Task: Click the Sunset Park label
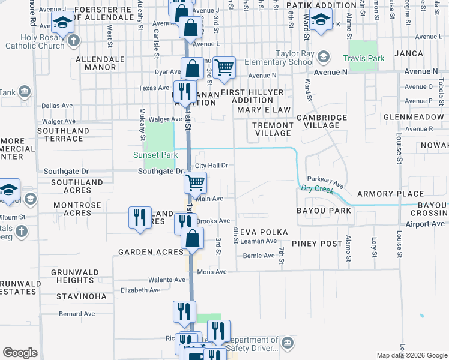coord(155,155)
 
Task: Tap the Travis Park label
coord(363,58)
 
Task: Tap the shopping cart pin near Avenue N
coord(224,67)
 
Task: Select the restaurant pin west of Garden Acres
coord(140,217)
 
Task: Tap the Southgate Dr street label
coord(160,171)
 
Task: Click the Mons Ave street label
coord(212,272)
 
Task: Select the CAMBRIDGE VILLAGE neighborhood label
coord(322,121)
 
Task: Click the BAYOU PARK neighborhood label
coord(324,211)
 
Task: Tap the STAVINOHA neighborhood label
coord(81,296)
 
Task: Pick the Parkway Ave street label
coord(325,179)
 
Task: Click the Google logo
coord(20,353)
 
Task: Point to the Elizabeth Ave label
coord(140,290)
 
